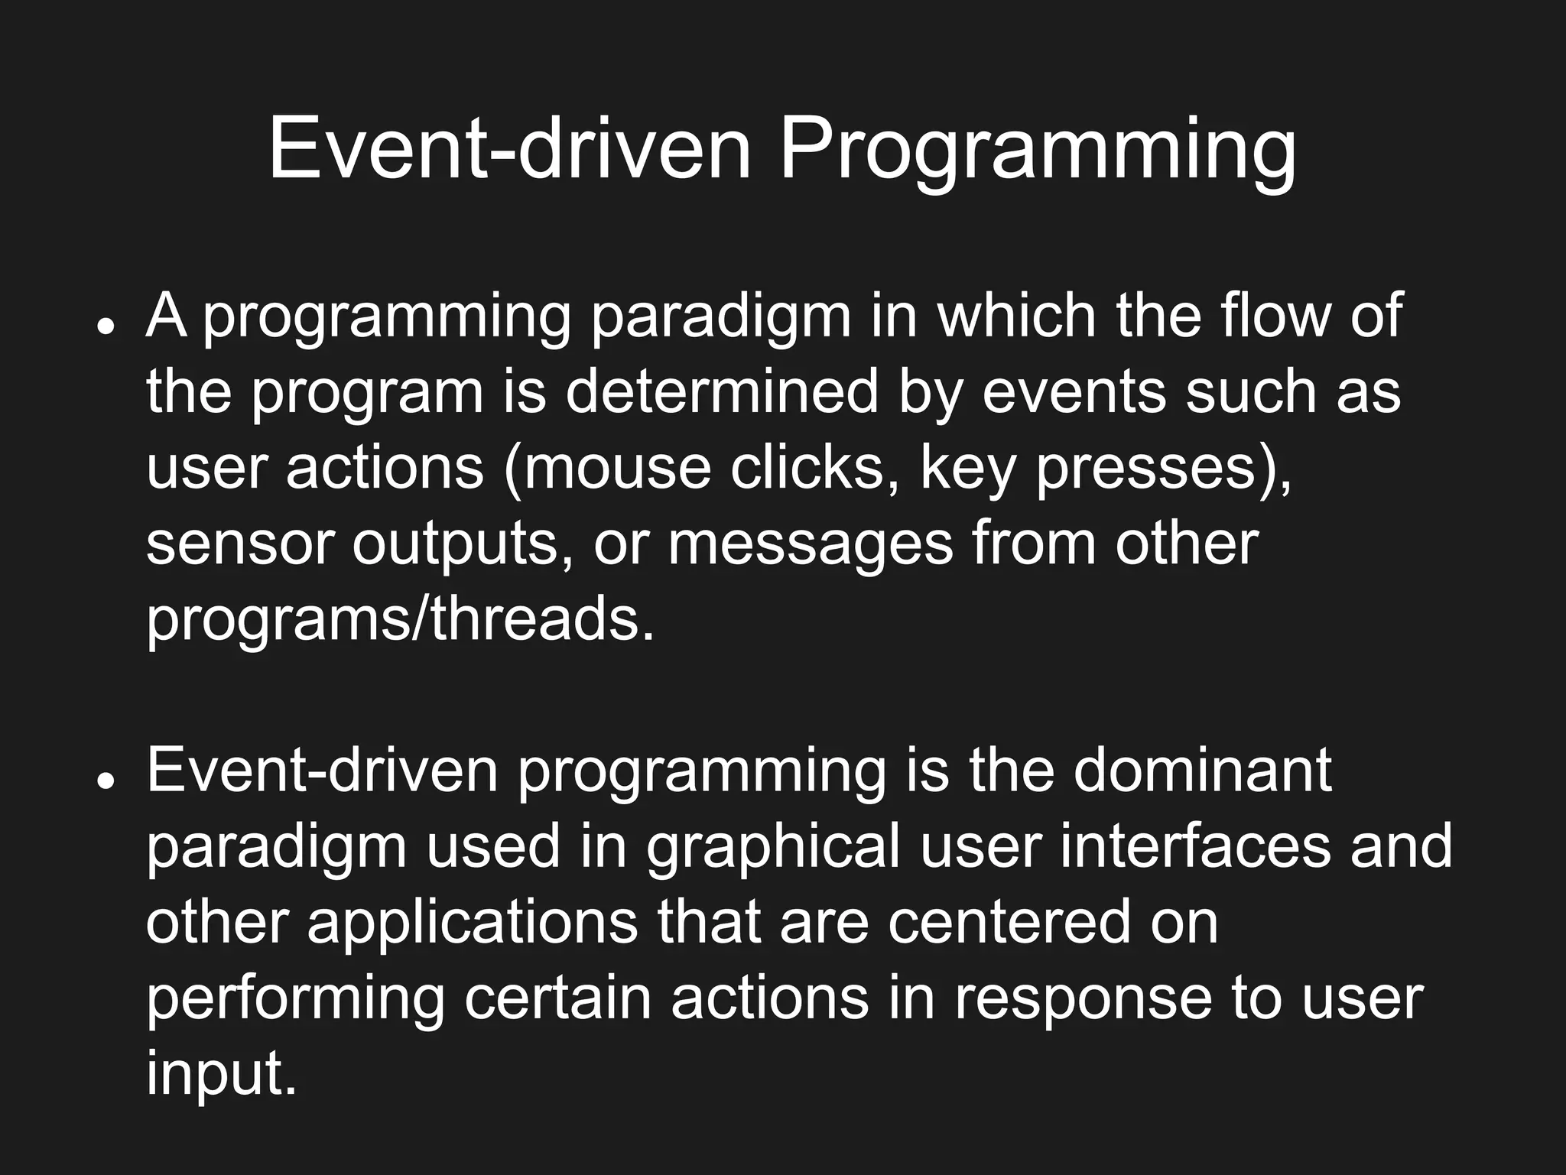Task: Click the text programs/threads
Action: [x=400, y=619]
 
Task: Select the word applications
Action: [x=472, y=923]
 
